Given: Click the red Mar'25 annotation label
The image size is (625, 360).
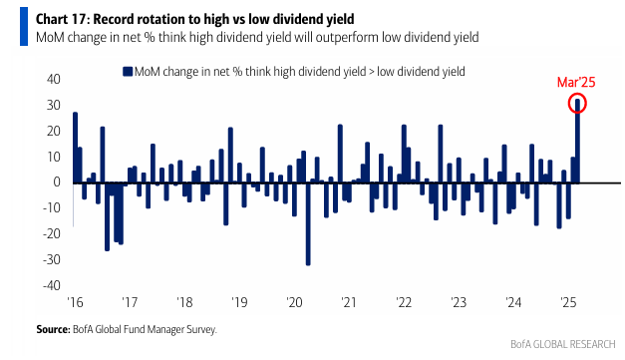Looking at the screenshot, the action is pos(576,82).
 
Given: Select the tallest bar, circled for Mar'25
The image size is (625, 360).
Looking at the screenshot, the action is pos(577,142).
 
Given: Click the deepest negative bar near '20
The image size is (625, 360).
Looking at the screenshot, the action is pos(308,224).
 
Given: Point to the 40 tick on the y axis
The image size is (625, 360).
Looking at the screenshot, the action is pos(54,79).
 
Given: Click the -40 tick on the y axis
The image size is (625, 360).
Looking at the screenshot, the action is pos(52,285).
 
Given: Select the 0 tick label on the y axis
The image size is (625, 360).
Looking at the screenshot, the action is pos(57,182).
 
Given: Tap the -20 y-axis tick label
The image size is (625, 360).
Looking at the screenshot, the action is pos(52,233).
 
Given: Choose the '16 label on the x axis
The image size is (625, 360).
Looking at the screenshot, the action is pos(75,302).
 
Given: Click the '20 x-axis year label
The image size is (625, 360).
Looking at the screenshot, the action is pos(295,302).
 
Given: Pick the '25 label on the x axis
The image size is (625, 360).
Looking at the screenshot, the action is pos(568,302).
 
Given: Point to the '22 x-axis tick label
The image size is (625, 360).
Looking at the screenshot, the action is pos(404,302).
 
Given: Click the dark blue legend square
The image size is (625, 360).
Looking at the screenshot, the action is pos(128,72).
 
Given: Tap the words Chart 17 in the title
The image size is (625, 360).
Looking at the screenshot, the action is pos(61,19).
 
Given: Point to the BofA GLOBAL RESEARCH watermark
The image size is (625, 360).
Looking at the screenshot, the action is pos(563,344).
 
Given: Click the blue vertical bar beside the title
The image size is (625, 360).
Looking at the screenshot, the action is pos(24,27).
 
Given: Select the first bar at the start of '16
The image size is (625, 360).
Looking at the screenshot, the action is pos(75,148).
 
